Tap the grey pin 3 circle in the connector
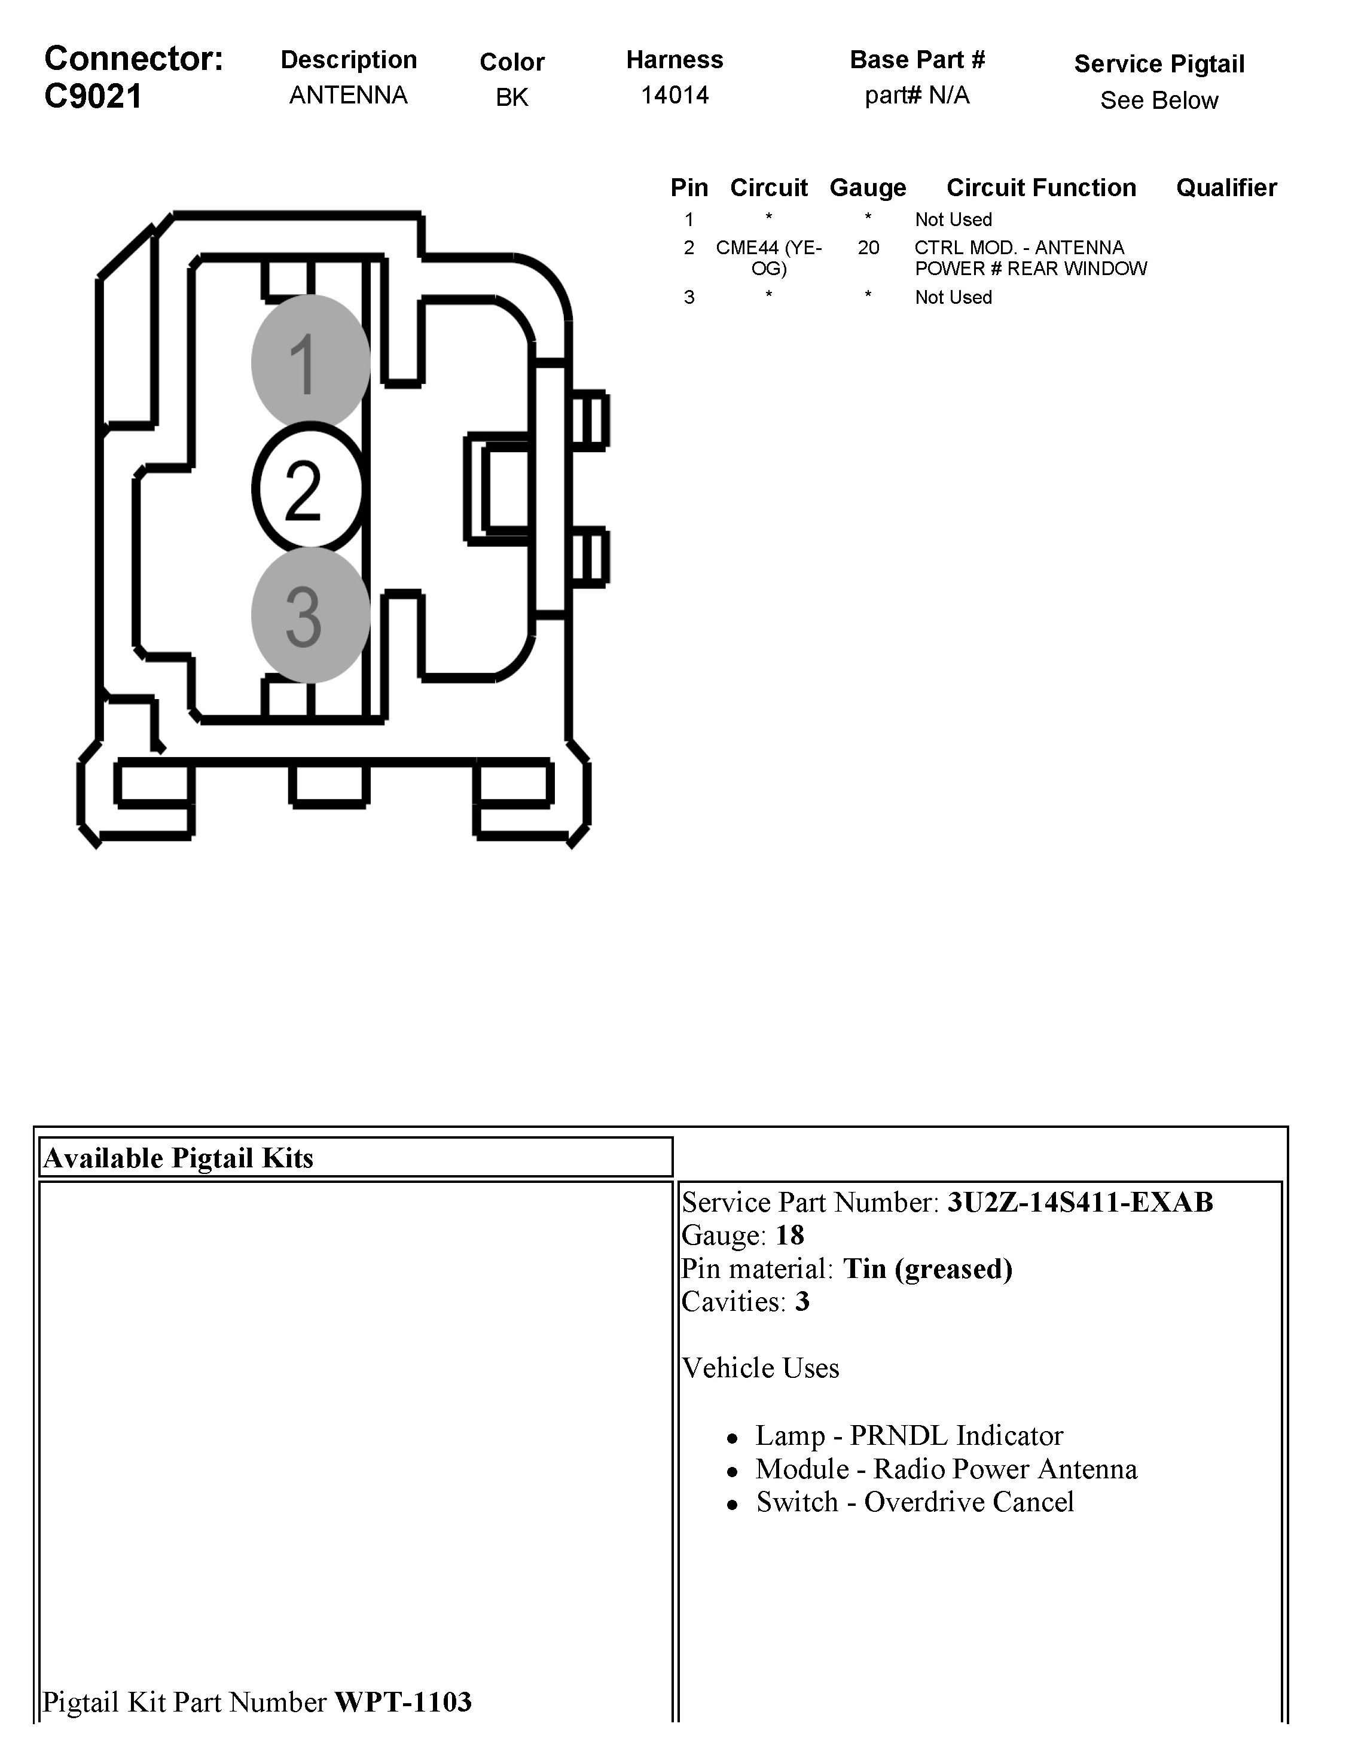pyautogui.click(x=310, y=615)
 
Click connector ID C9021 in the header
pyautogui.click(x=93, y=96)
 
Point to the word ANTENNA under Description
pyautogui.click(x=349, y=96)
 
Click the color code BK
pyautogui.click(x=511, y=97)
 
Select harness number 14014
pyautogui.click(x=675, y=96)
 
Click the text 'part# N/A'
pyautogui.click(x=917, y=96)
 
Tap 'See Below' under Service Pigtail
pyautogui.click(x=1159, y=100)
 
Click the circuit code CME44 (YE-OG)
pyautogui.click(x=768, y=258)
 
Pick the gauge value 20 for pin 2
pyautogui.click(x=868, y=248)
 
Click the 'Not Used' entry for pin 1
pyautogui.click(x=953, y=219)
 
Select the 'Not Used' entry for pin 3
pyautogui.click(x=953, y=297)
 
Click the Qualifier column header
pyautogui.click(x=1226, y=188)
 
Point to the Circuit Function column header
pyautogui.click(x=1040, y=188)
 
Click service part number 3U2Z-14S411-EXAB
pyautogui.click(x=1080, y=1203)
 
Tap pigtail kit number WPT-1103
pyautogui.click(x=403, y=1702)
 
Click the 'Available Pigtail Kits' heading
pyautogui.click(x=178, y=1158)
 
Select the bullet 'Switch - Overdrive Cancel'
pyautogui.click(x=915, y=1502)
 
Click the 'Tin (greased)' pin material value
pyautogui.click(x=927, y=1269)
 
